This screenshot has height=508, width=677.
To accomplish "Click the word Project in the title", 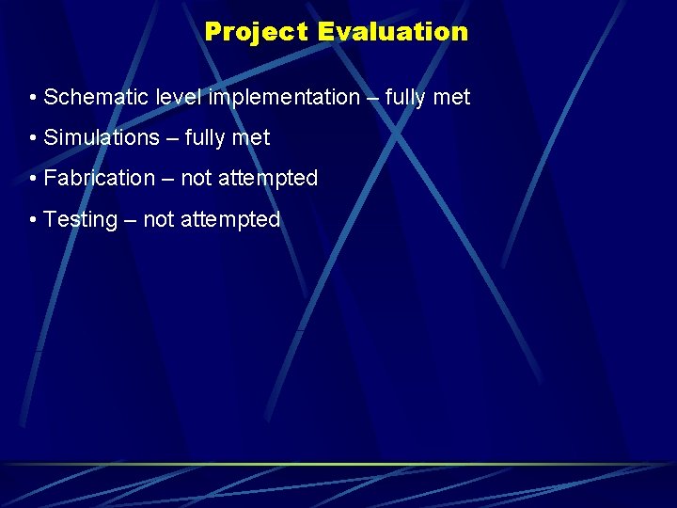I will click(257, 32).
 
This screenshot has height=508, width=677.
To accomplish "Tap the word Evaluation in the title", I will click(392, 32).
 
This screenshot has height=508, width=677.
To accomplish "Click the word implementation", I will click(284, 98).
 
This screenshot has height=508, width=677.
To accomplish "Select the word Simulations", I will click(102, 138).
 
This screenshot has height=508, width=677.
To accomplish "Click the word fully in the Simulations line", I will click(212, 138).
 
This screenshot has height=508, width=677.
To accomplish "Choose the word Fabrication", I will click(99, 179).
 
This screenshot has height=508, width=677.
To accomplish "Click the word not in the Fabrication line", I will click(196, 179).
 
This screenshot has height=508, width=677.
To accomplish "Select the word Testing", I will click(80, 220).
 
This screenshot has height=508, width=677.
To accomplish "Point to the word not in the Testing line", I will click(158, 220).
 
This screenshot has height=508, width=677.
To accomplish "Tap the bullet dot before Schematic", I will click(33, 98).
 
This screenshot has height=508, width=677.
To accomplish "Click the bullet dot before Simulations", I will click(33, 138).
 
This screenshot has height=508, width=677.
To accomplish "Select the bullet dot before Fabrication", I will click(33, 179).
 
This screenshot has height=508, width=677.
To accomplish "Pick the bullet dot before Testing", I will click(33, 220).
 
